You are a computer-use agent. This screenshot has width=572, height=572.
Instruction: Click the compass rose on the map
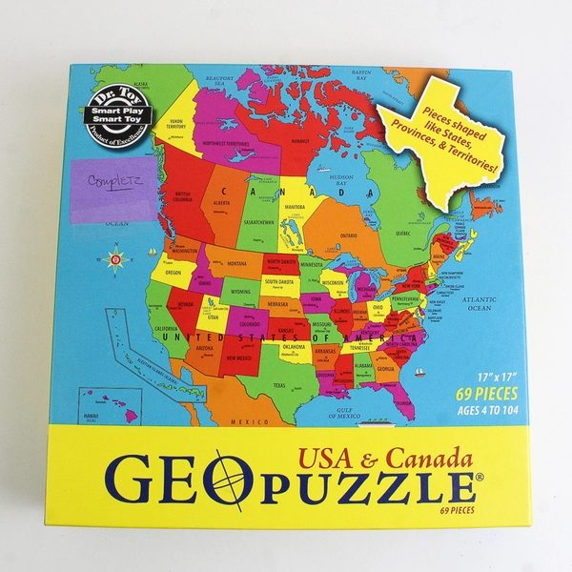(x=116, y=259)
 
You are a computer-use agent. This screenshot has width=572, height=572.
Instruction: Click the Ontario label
(x=349, y=235)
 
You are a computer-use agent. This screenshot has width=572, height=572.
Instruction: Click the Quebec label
(x=403, y=232)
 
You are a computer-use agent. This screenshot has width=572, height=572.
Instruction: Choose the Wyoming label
(x=240, y=291)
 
